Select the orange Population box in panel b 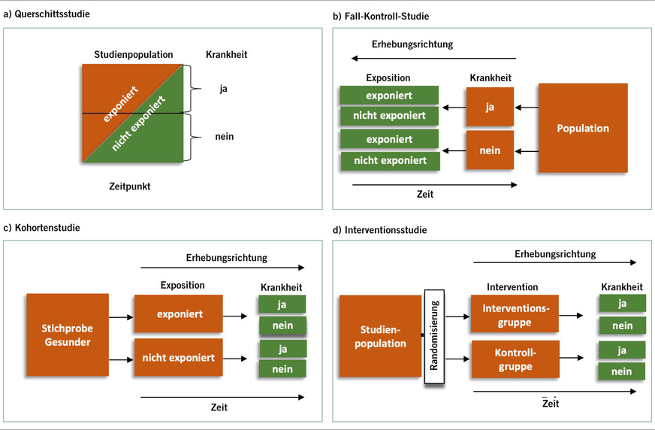click(582, 129)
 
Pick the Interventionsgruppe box click(514, 315)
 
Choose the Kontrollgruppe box click(514, 359)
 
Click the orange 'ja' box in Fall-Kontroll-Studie click(489, 108)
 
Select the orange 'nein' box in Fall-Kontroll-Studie click(489, 151)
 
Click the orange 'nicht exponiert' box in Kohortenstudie click(179, 358)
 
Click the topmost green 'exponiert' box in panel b click(388, 95)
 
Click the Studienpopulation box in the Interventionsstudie click(379, 336)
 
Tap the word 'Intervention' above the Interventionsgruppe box click(512, 287)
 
